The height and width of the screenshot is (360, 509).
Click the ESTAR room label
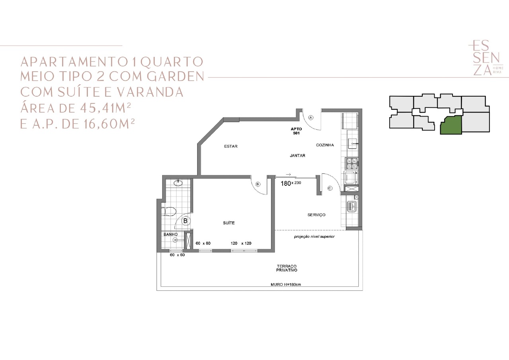(231, 146)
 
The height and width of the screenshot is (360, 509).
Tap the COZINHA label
(325, 145)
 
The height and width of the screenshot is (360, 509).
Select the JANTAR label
(297, 156)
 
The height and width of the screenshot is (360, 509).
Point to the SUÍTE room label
(229, 223)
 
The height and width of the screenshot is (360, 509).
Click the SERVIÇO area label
(316, 215)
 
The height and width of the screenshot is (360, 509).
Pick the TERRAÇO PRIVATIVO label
(287, 268)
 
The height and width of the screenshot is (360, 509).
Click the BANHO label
(171, 234)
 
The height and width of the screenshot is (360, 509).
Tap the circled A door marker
(311, 117)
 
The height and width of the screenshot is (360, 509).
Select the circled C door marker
(330, 188)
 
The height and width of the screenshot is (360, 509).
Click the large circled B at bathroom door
(185, 221)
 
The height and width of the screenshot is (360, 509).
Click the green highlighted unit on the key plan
(451, 125)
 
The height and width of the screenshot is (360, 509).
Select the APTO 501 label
(296, 131)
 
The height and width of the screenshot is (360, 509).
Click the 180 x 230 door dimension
(291, 183)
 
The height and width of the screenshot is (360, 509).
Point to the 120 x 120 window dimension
(241, 243)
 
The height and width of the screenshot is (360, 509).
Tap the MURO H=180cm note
(286, 284)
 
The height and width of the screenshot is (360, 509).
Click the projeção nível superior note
(314, 237)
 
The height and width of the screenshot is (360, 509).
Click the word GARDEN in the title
(175, 76)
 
